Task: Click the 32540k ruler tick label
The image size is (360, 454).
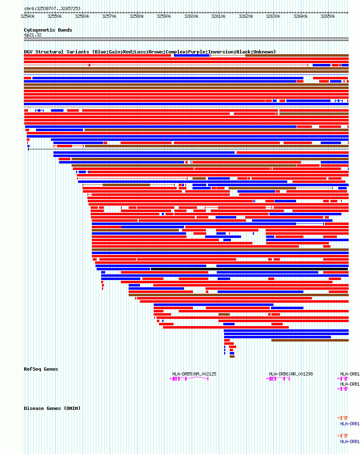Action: point(28,17)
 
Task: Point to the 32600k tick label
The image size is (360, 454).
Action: point(191,17)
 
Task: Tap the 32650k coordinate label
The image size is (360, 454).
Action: point(327,17)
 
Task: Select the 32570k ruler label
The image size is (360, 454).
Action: point(109,17)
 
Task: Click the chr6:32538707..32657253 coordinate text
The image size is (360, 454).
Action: point(52,8)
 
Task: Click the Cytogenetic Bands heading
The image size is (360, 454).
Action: point(48,30)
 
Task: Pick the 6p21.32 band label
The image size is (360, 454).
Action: point(33,35)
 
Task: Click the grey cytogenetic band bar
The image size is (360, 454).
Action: point(186,39)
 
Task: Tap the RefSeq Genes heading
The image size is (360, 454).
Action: point(41,369)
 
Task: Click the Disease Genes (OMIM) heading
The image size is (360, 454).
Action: point(52,408)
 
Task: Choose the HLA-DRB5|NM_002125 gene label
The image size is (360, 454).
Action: point(194,374)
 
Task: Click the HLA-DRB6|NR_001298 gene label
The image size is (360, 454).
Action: point(291,374)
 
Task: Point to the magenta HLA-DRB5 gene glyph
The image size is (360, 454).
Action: point(189,379)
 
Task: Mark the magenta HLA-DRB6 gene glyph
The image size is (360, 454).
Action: point(278,379)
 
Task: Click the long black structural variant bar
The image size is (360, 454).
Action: point(249,269)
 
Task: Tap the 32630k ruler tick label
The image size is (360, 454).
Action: point(273,17)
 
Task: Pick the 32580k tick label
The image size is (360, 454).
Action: point(136,17)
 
